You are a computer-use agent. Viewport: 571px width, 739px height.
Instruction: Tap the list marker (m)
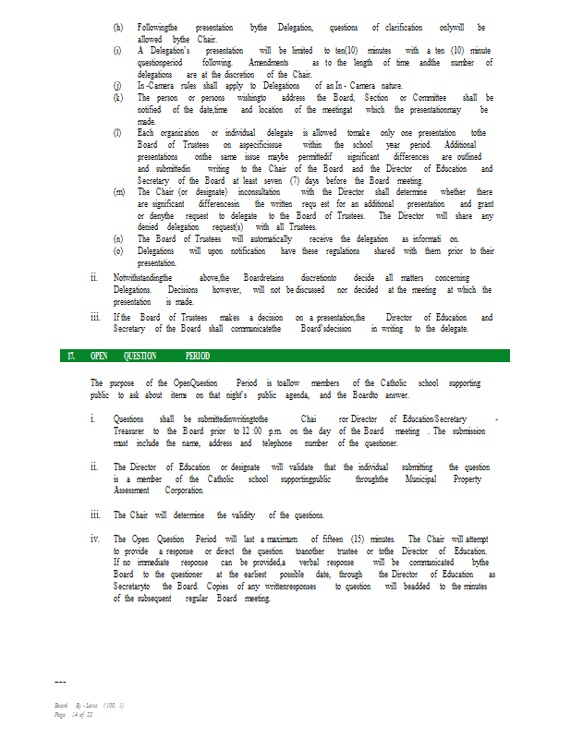(x=118, y=192)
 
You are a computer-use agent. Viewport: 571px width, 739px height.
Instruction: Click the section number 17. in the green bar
(x=70, y=356)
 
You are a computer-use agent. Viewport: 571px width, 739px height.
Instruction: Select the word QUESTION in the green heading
(x=140, y=356)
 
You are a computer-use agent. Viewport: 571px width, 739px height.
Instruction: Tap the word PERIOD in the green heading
(x=198, y=356)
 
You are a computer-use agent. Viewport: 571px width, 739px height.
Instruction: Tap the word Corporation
(x=184, y=491)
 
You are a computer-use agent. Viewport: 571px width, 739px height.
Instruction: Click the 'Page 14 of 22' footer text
(x=74, y=714)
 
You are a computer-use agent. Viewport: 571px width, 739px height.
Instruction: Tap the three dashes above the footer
(x=60, y=683)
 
